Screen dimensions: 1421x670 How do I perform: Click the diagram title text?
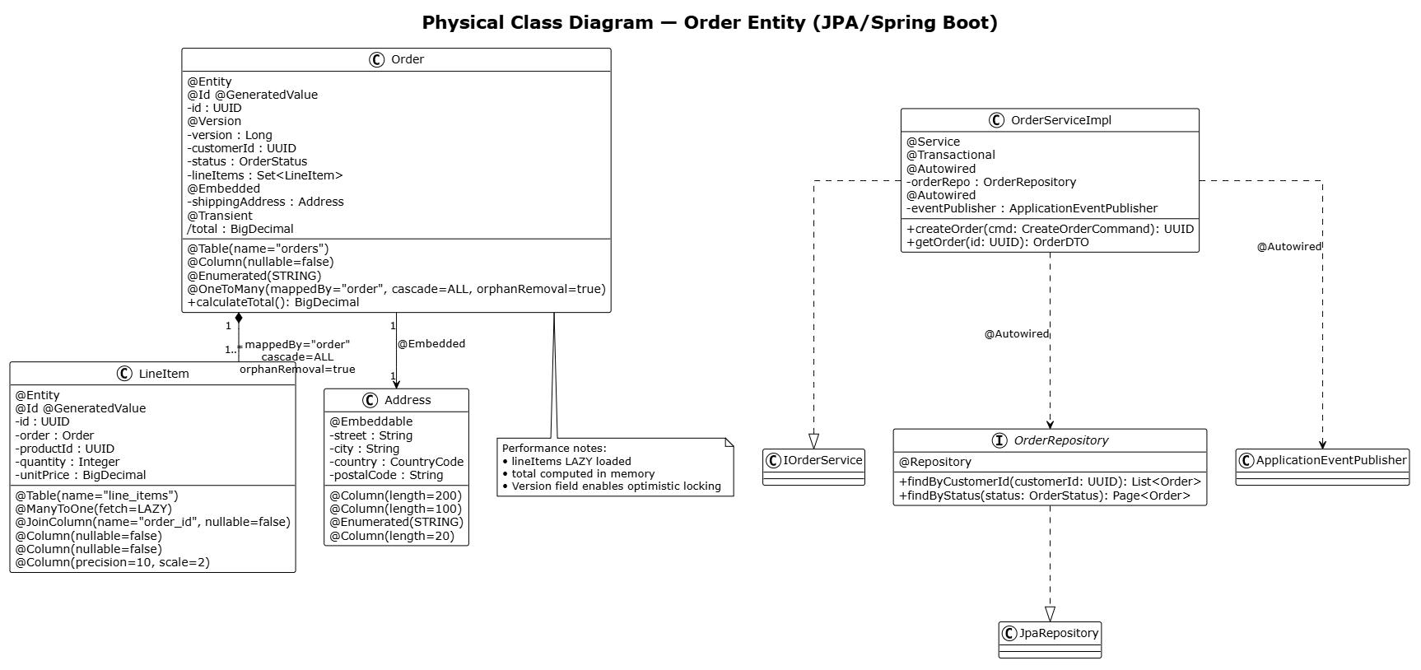710,22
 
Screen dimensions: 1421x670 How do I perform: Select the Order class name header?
408,59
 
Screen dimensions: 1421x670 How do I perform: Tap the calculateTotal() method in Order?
273,302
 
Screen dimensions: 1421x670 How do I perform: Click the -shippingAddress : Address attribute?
265,202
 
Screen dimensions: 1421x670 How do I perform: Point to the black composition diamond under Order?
239,319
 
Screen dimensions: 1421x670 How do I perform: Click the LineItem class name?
164,374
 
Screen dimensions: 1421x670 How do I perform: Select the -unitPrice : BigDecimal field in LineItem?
81,475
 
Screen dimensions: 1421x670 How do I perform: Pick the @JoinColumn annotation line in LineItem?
153,522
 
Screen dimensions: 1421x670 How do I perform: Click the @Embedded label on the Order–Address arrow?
431,344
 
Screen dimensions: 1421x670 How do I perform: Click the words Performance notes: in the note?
554,449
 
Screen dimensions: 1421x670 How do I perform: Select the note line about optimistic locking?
612,486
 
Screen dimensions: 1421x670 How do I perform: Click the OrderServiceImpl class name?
1061,120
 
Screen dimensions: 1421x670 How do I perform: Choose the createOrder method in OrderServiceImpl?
1050,229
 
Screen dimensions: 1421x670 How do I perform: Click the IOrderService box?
813,467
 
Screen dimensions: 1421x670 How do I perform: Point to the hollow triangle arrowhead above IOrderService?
813,441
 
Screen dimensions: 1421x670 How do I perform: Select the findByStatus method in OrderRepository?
1045,496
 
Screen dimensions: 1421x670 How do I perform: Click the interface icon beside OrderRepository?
999,440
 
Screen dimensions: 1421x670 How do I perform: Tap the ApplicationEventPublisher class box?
1322,467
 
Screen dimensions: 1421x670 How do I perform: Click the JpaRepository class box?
1050,640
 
